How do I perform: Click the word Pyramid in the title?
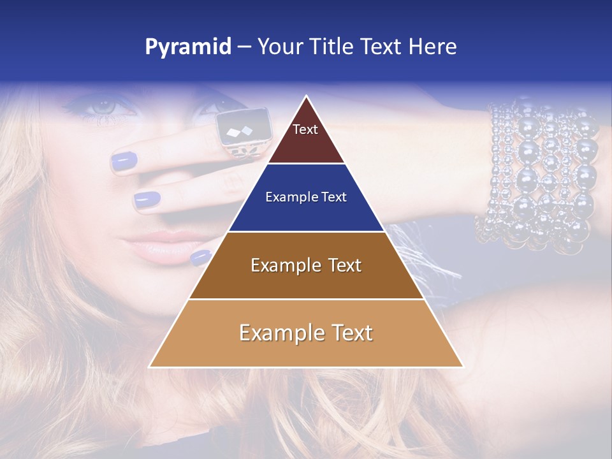(x=188, y=47)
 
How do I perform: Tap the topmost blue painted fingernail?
(x=124, y=161)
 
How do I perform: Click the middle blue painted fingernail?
(x=147, y=200)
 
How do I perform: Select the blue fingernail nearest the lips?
(x=200, y=257)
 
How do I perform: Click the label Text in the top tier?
(x=305, y=129)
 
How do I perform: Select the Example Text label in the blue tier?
(x=306, y=197)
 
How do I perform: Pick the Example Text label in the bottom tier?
(x=306, y=333)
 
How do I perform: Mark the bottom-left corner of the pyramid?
(x=150, y=367)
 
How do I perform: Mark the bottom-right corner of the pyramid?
(x=463, y=367)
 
